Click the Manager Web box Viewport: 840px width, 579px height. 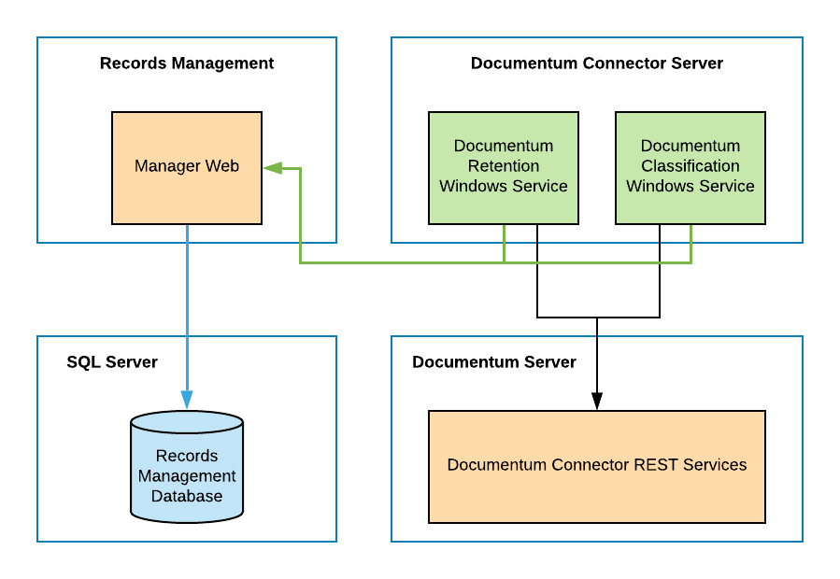click(187, 168)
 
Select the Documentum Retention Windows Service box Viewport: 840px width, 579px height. click(504, 168)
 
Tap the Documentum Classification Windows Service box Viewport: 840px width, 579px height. click(691, 168)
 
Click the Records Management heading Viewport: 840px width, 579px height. click(187, 64)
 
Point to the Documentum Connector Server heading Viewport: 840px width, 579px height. click(597, 64)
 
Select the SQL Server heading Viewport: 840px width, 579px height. click(112, 362)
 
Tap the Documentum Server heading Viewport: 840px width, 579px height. click(494, 362)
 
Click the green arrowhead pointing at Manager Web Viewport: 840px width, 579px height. click(272, 168)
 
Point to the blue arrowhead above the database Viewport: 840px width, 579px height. click(187, 401)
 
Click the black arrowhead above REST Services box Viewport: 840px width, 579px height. click(597, 401)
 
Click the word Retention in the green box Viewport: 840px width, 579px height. click(504, 166)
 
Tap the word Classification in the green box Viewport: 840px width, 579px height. click(691, 166)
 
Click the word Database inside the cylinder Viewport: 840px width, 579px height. click(187, 497)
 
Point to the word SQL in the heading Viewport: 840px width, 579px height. click(83, 362)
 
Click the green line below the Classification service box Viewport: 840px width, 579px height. click(691, 244)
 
